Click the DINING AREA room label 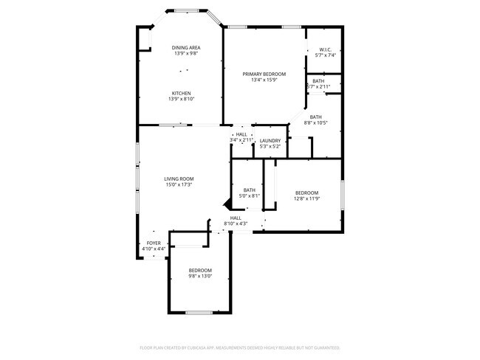tap(186, 48)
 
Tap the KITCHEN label tap(182, 93)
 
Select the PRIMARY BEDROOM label tap(264, 75)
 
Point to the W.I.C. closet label tap(326, 50)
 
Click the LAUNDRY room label tap(270, 140)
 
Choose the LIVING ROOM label tap(179, 179)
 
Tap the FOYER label tap(154, 243)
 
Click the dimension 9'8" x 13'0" tap(199, 277)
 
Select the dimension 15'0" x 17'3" tap(179, 185)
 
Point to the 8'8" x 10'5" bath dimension tap(315, 123)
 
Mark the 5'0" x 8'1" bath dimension tap(250, 196)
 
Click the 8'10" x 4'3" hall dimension tap(236, 224)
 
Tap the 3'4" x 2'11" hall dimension tap(241, 139)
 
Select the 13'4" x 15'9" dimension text tap(264, 80)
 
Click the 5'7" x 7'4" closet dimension tap(326, 56)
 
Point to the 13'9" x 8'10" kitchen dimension tap(182, 99)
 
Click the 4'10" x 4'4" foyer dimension tap(154, 249)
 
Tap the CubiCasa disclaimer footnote tap(239, 347)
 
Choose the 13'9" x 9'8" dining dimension tap(186, 54)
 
